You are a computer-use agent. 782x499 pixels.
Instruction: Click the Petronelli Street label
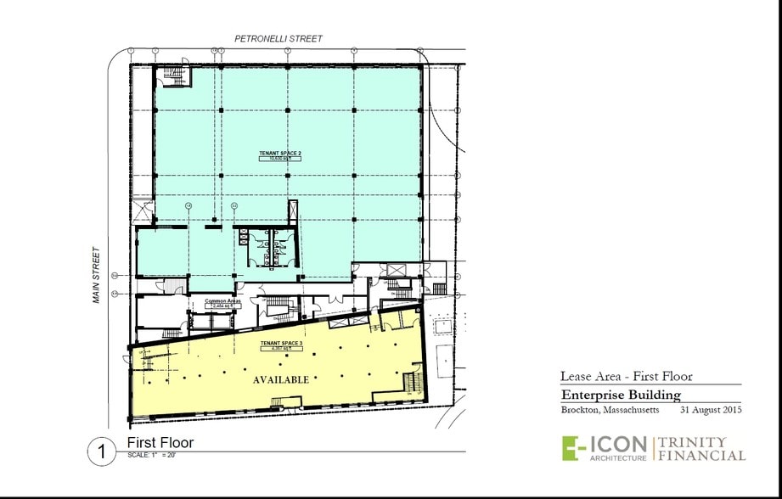tap(278, 39)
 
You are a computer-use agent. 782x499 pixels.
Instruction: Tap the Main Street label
tap(98, 276)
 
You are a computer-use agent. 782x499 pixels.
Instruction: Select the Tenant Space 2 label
tap(280, 154)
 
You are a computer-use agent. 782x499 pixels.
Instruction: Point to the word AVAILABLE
tap(281, 380)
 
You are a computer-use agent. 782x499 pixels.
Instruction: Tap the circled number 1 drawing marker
tap(102, 450)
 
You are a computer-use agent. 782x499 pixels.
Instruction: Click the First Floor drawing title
tap(160, 442)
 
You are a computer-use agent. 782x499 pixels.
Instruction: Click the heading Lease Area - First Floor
tap(626, 376)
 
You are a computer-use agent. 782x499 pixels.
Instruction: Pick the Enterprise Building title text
tap(620, 395)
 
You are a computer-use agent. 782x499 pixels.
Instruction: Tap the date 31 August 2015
tap(712, 411)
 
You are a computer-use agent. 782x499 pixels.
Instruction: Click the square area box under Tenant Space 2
tap(280, 159)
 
